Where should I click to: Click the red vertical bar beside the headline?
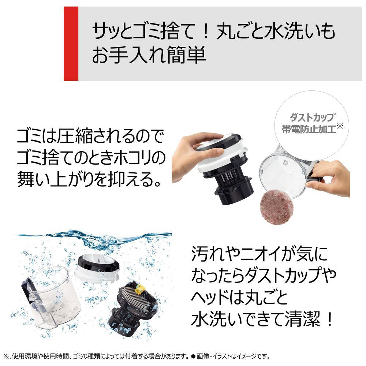pos(71,44)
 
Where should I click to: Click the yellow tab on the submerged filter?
pos(140,289)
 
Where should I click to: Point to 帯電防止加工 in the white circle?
pos(309,129)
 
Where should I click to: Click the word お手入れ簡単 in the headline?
pos(149,55)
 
